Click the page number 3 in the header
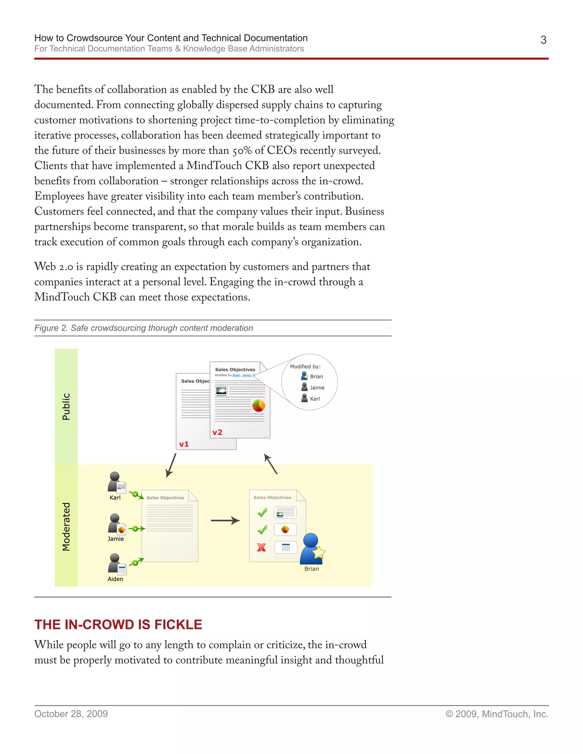(543, 40)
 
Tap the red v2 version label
(217, 432)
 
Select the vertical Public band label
(66, 406)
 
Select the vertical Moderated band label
(66, 526)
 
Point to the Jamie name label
(115, 539)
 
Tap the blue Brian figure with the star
(311, 549)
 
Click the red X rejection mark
(261, 547)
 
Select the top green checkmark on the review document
(262, 513)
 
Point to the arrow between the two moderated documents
(225, 520)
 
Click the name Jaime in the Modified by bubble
(317, 388)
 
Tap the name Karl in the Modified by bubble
(315, 399)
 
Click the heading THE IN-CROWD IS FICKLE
(118, 625)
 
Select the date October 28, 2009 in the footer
(71, 714)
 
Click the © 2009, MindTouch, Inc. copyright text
(497, 714)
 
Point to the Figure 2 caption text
(143, 328)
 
